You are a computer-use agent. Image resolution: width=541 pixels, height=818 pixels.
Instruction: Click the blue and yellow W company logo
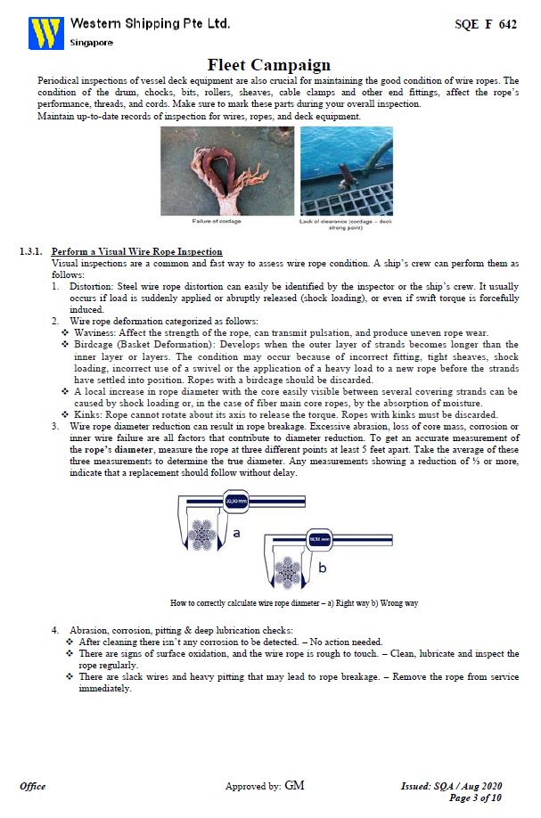[x=45, y=32]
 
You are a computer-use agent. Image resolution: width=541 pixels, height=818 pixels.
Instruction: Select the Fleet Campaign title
[x=269, y=64]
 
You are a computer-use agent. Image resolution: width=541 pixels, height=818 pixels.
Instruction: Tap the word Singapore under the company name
[x=92, y=42]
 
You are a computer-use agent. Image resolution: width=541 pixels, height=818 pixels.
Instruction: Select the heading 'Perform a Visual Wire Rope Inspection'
[x=136, y=252]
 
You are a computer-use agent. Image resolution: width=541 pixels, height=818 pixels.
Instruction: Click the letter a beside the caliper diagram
[x=236, y=534]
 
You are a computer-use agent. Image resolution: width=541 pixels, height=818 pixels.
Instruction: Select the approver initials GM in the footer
[x=294, y=785]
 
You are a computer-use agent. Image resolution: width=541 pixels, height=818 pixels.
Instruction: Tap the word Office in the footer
[x=33, y=786]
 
